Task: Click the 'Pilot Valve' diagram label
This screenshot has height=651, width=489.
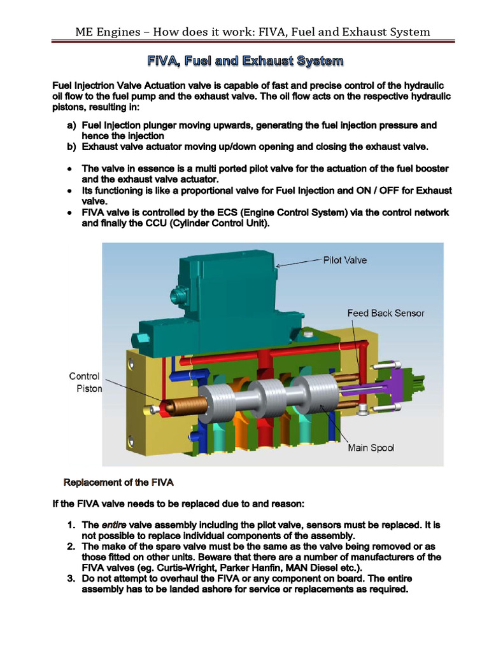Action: pyautogui.click(x=345, y=260)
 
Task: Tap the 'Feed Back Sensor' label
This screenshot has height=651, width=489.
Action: pyautogui.click(x=385, y=313)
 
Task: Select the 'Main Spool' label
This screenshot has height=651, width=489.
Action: pyautogui.click(x=371, y=448)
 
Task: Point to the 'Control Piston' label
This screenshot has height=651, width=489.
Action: pyautogui.click(x=84, y=382)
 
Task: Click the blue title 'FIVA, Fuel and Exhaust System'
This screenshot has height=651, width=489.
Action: pyautogui.click(x=245, y=61)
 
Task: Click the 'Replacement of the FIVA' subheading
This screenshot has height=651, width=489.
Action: pyautogui.click(x=115, y=482)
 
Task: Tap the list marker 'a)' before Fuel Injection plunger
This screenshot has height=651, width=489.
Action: pyautogui.click(x=71, y=126)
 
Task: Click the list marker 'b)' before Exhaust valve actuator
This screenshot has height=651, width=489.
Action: pyautogui.click(x=71, y=146)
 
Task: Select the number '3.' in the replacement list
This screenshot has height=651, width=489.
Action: pyautogui.click(x=72, y=578)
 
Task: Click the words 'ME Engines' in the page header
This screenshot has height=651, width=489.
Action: pyautogui.click(x=102, y=31)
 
